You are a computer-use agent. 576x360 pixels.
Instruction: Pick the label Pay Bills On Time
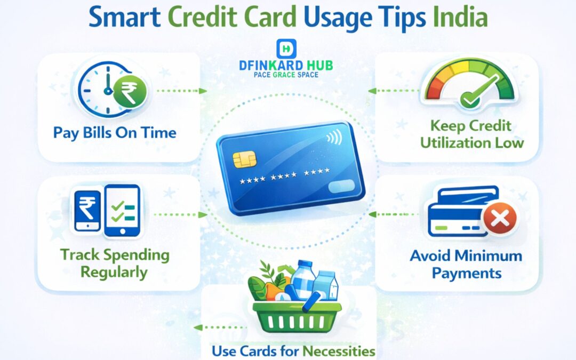(115, 132)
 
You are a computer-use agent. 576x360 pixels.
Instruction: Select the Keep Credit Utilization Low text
(471, 134)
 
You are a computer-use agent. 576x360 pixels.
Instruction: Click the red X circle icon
(500, 219)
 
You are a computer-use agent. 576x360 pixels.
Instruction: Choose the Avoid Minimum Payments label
(466, 264)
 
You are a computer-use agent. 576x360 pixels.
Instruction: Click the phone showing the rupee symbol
(87, 210)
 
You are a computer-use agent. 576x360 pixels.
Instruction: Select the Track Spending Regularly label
(115, 262)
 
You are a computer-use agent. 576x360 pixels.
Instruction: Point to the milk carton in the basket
(326, 285)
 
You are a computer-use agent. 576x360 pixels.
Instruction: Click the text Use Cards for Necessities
(293, 351)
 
